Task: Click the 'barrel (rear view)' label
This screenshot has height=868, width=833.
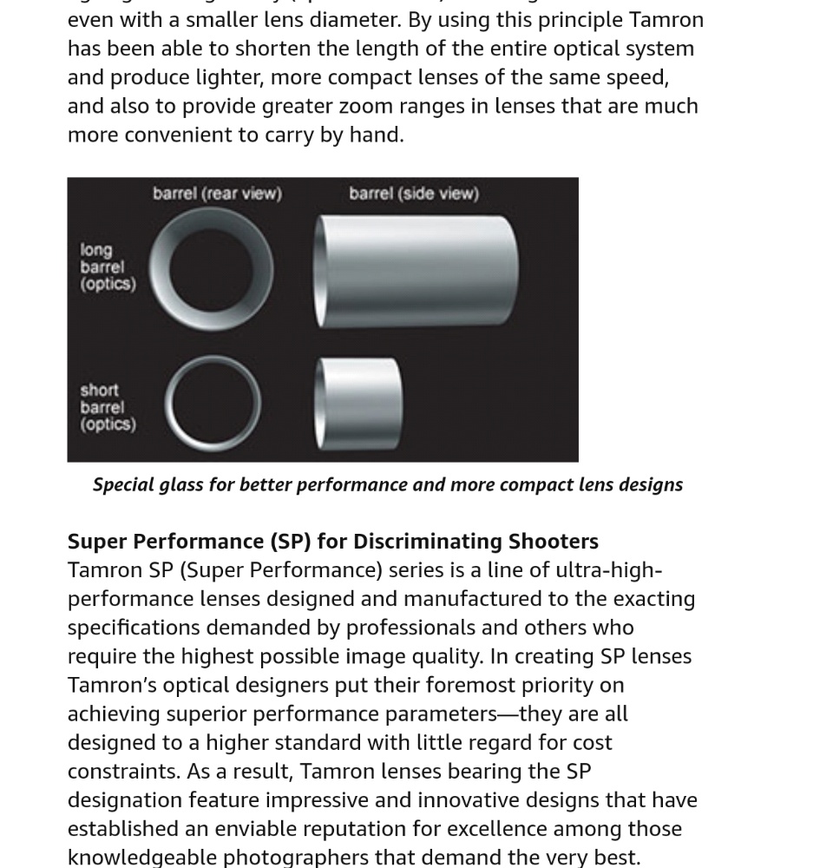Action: pos(217,194)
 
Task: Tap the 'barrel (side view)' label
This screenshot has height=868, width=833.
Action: pos(413,194)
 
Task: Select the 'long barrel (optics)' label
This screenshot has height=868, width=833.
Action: pos(108,266)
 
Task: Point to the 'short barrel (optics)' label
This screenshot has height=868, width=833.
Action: pos(108,407)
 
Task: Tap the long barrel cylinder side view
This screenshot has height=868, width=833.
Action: pos(416,271)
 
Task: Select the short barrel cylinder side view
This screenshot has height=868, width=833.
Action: pos(359,403)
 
